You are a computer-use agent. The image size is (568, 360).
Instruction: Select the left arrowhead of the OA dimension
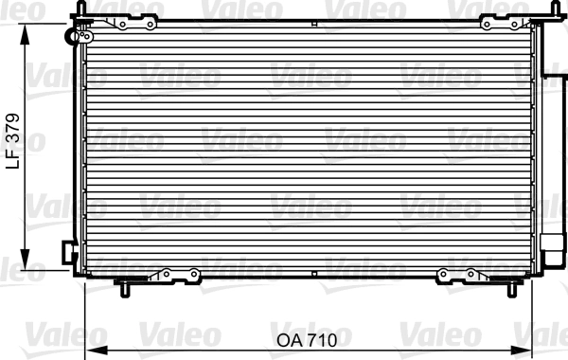point(92,348)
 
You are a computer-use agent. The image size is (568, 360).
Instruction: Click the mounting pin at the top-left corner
point(83,9)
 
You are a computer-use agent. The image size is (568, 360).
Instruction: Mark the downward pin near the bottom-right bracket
point(514,286)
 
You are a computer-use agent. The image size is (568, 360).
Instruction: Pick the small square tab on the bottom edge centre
point(314,276)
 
